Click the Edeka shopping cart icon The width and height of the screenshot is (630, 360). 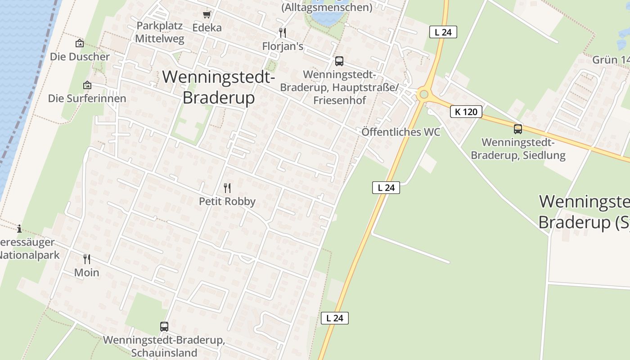[207, 15]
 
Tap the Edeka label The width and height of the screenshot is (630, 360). [207, 28]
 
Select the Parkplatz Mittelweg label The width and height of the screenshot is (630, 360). [160, 32]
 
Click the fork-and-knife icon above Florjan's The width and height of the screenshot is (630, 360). [283, 33]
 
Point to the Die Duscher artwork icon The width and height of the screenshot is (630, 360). [80, 44]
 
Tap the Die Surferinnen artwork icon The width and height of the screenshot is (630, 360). [87, 85]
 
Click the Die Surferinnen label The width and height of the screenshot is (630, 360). [87, 98]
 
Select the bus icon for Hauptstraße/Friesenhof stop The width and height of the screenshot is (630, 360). [339, 61]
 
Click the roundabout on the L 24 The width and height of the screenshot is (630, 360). [423, 94]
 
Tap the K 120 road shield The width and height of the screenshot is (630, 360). [466, 112]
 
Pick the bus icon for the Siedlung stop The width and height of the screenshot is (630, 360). [518, 129]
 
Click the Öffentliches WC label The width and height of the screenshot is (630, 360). [400, 132]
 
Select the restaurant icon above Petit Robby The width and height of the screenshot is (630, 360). [227, 188]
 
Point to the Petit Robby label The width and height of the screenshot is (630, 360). [227, 202]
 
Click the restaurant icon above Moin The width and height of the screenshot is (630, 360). [87, 259]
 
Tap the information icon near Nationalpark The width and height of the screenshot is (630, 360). [19, 229]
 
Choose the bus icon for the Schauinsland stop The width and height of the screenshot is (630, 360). [164, 327]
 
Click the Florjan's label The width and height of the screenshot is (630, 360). [283, 46]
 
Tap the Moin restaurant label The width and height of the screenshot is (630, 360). [87, 273]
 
